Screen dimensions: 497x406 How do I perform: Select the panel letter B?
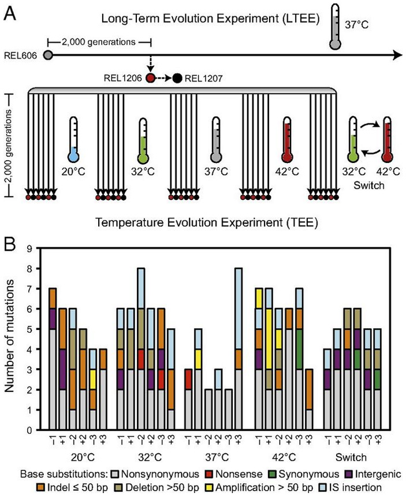click(10, 241)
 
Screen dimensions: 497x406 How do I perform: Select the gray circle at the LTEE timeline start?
click(49, 55)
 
